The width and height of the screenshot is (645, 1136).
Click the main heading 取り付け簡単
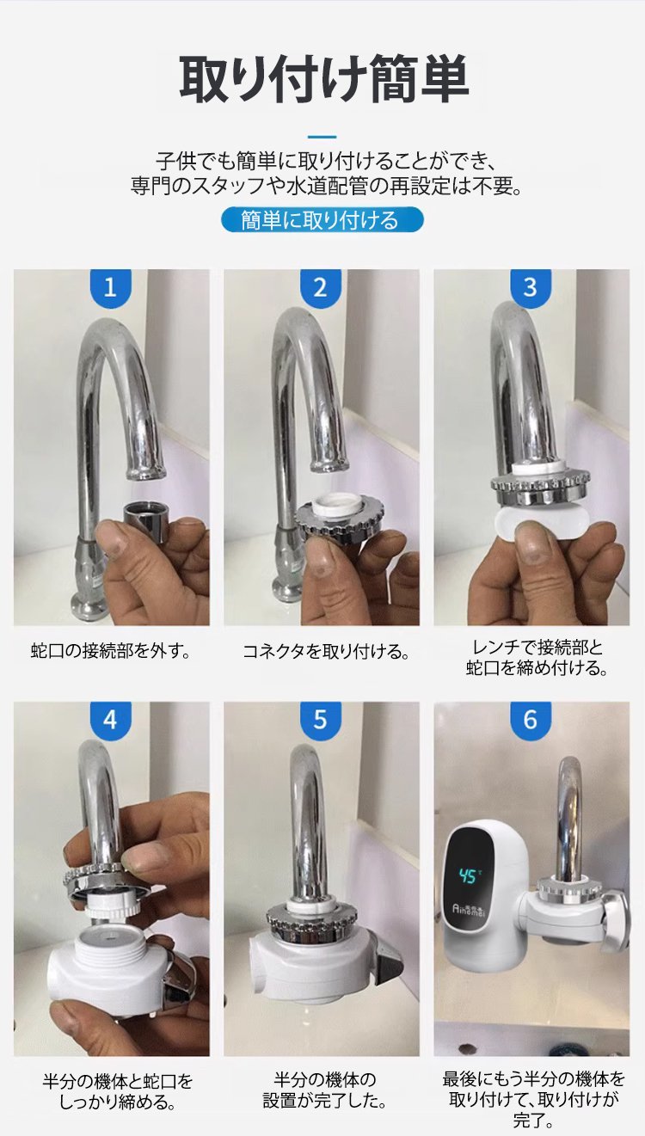[x=324, y=80]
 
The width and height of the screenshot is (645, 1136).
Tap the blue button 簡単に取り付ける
[x=322, y=220]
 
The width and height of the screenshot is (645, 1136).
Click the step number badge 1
[x=111, y=288]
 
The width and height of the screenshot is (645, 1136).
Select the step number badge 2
[x=321, y=288]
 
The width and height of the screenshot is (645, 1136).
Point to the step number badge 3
[x=531, y=288]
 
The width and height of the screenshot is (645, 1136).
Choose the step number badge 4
[x=111, y=721]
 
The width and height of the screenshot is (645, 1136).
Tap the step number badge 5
[x=321, y=721]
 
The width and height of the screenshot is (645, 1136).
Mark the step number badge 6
[x=531, y=721]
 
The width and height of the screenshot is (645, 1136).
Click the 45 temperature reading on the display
[x=469, y=875]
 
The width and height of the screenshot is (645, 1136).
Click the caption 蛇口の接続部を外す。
[x=111, y=651]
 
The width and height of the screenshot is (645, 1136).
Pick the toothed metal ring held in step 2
[x=335, y=519]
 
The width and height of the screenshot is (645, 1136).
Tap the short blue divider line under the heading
[x=322, y=137]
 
